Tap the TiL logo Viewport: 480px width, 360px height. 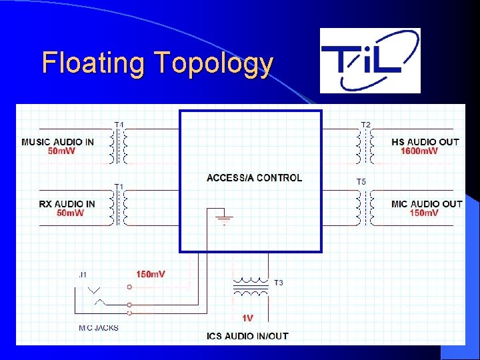click(x=370, y=60)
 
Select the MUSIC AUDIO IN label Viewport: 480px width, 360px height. click(x=57, y=142)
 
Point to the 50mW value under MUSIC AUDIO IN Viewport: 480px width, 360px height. click(x=61, y=151)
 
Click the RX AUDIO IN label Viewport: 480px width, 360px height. click(x=58, y=204)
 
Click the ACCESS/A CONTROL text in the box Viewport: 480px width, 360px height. click(x=254, y=178)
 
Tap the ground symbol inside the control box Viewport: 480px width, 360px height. click(x=224, y=217)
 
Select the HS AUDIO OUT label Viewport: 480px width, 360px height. click(x=425, y=142)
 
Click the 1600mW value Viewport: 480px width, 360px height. click(x=419, y=151)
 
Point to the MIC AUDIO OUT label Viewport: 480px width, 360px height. click(x=427, y=204)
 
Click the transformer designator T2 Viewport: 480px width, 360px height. click(x=366, y=125)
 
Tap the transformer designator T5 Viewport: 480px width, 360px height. click(x=361, y=181)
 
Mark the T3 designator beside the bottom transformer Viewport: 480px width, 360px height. click(x=278, y=283)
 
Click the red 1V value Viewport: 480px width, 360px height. click(x=247, y=318)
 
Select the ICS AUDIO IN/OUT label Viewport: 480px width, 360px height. click(x=247, y=336)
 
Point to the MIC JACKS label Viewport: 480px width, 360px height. click(x=98, y=327)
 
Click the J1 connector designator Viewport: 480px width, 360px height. click(x=82, y=274)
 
